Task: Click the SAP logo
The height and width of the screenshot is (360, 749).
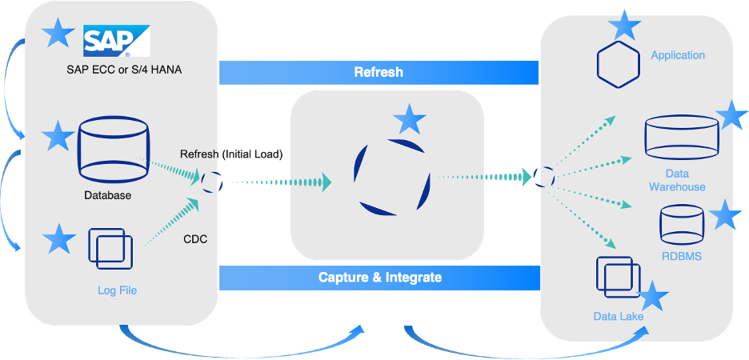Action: point(117,41)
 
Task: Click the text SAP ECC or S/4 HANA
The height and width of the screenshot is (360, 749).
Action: point(124,70)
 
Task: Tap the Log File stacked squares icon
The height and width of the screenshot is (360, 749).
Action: point(110,248)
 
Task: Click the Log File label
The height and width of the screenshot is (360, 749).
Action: point(117,290)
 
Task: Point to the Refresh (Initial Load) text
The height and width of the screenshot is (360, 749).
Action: point(231,154)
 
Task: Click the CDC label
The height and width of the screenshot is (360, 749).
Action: point(195,239)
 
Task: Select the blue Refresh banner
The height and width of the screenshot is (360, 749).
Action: point(379,73)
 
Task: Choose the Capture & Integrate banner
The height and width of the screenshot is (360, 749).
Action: point(379,278)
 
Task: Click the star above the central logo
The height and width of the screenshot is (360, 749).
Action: point(409,119)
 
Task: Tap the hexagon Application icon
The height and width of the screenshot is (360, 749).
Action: point(618,65)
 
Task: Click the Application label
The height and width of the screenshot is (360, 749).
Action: point(678,55)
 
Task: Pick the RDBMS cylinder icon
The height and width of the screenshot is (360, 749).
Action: point(682,224)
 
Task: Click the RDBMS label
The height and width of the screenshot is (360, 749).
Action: point(682,256)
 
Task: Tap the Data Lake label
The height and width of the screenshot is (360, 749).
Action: point(618,317)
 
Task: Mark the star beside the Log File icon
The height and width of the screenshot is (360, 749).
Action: point(58,238)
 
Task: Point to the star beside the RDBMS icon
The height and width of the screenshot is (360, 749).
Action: point(725,215)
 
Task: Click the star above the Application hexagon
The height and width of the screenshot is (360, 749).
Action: point(624,25)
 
